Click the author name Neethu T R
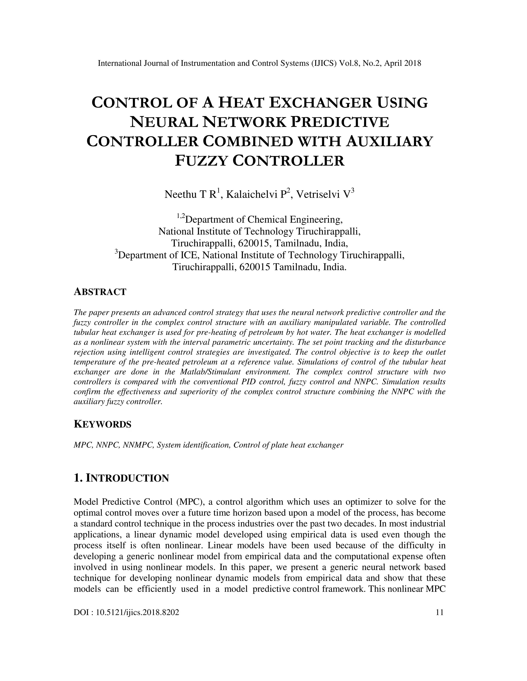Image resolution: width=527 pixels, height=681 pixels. pyautogui.click(x=191, y=195)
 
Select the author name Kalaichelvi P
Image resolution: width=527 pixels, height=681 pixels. pyautogui.click(x=256, y=195)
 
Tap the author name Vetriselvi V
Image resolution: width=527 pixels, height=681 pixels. pyautogui.click(x=323, y=195)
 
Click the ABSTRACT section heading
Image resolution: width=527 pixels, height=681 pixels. pyautogui.click(x=100, y=292)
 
